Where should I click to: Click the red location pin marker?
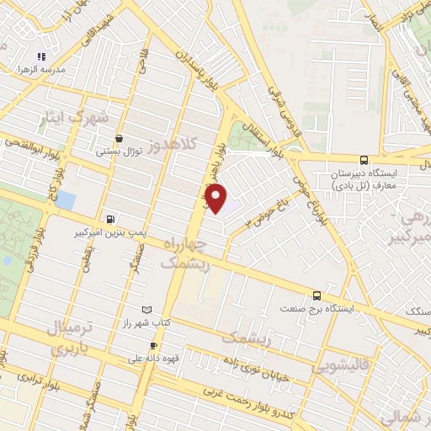point(217,198)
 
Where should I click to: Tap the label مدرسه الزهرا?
point(30,70)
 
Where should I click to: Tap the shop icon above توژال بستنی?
point(119,138)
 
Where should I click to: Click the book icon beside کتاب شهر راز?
point(149,310)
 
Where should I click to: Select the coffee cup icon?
point(153,345)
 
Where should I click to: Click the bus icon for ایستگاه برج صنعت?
point(317,295)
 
